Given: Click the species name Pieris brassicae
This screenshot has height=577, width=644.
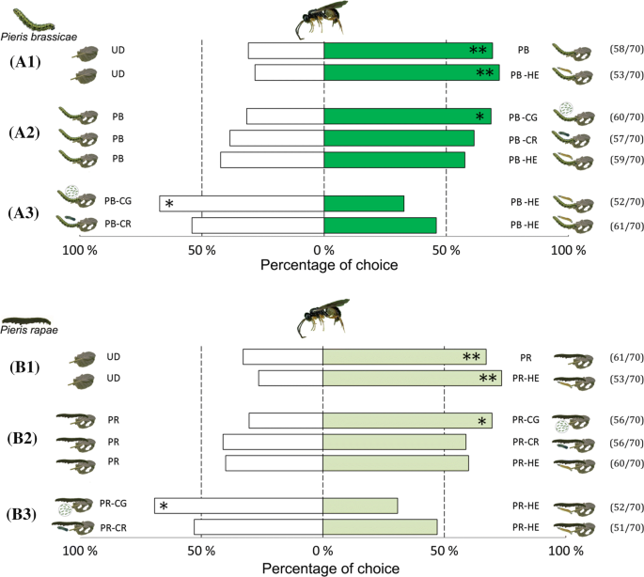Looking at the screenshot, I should pyautogui.click(x=39, y=31).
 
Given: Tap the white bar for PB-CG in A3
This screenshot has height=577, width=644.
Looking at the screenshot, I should pyautogui.click(x=242, y=203).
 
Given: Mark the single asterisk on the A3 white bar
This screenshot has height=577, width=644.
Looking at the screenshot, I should pyautogui.click(x=169, y=204).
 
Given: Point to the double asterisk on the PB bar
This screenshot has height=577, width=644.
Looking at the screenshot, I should pyautogui.click(x=478, y=51).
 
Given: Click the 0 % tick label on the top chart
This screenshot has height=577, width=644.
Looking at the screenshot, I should pyautogui.click(x=323, y=251).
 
